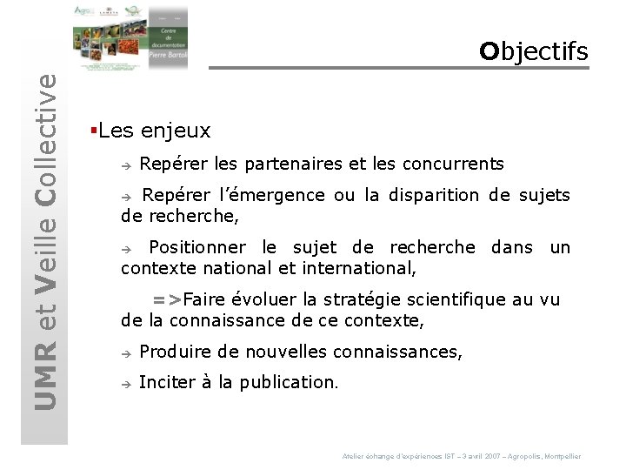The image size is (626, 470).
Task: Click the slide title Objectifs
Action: [533, 52]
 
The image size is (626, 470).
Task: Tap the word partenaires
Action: [292, 164]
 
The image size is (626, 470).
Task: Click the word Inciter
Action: [166, 382]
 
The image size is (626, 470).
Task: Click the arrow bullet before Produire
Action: [126, 353]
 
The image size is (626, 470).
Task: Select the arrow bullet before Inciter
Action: [126, 384]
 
